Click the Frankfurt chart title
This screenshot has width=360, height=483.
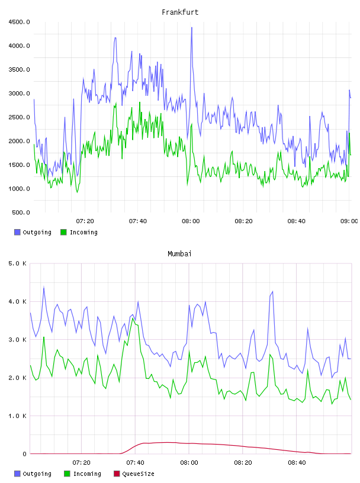(180, 12)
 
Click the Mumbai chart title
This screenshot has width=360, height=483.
(179, 254)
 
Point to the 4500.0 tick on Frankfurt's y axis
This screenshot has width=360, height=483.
(19, 22)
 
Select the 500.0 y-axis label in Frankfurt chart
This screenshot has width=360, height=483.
(21, 212)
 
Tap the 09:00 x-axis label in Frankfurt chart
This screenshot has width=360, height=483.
(349, 221)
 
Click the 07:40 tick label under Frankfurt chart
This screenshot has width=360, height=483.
(138, 221)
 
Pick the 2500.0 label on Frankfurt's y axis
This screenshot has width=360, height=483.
(19, 117)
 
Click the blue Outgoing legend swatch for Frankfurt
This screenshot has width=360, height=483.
(17, 232)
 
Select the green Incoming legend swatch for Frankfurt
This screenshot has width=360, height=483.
(63, 232)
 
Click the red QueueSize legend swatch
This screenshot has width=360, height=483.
(117, 474)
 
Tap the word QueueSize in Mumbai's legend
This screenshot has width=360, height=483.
(138, 474)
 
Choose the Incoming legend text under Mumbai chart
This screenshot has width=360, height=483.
(87, 474)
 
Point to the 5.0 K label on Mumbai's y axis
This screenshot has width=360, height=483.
(18, 263)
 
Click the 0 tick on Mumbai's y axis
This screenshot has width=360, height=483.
(25, 454)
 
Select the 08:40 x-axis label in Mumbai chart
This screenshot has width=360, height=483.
(297, 463)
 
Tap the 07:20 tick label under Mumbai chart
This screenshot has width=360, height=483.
(81, 463)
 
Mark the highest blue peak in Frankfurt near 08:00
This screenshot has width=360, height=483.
(192, 28)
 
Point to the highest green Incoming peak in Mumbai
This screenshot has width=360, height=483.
(133, 318)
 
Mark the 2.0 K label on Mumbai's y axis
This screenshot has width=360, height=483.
(18, 378)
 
